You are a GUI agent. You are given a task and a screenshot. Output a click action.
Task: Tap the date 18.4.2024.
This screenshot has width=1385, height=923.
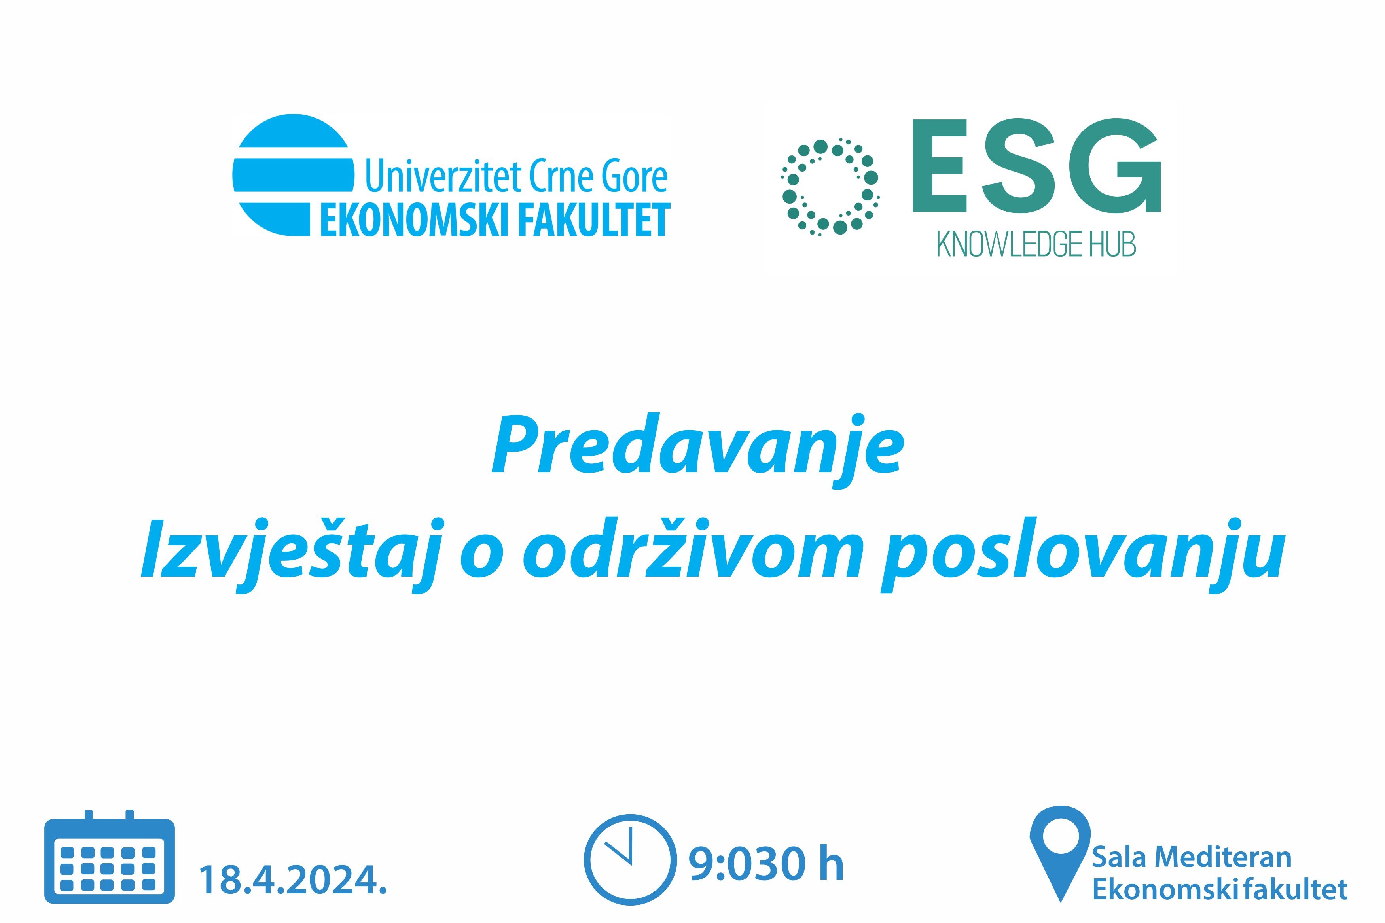pos(293,880)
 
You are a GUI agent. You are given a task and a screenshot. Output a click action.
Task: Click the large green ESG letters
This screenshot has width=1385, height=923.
pos(1036,166)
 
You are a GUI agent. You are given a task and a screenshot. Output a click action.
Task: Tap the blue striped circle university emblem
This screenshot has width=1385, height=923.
pos(293,175)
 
